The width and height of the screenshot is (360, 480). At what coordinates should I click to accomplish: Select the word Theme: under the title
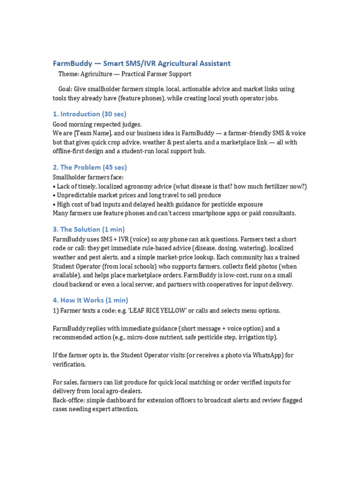pos(68,74)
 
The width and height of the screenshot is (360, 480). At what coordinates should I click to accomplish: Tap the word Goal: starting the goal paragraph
pos(66,89)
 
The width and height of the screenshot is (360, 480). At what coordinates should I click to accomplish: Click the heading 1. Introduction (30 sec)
pos(90,114)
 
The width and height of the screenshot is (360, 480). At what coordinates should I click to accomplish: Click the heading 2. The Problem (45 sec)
pos(90,167)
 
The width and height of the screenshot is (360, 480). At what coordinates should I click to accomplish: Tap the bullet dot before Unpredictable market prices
pos(54,195)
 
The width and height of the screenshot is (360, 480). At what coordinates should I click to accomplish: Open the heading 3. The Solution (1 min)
pos(89,229)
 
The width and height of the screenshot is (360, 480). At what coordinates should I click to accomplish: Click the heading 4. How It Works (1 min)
pos(90,300)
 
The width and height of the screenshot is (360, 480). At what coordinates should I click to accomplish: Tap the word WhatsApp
pos(264,355)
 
